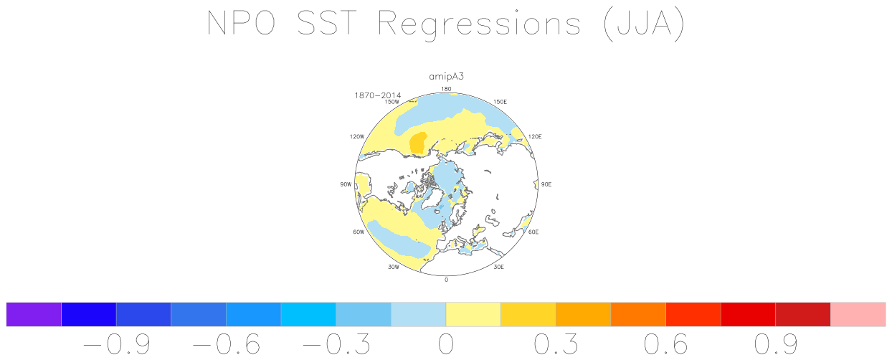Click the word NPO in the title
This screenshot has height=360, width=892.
[241, 23]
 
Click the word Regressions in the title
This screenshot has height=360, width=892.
[479, 24]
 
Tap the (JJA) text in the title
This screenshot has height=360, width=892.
[644, 24]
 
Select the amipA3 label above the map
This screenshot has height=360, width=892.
[446, 77]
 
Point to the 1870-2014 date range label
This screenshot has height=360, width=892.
[377, 95]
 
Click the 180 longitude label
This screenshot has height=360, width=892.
[446, 89]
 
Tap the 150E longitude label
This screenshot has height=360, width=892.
[500, 102]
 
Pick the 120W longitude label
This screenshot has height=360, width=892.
[357, 136]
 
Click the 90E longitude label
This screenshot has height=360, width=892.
[546, 184]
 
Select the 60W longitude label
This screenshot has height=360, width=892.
[359, 232]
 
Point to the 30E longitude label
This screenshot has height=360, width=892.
[498, 267]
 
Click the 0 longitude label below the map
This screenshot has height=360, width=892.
[447, 280]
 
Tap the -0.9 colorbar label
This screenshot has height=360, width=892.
[116, 344]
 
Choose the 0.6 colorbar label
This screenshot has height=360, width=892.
[666, 344]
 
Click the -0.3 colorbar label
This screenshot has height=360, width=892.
[336, 344]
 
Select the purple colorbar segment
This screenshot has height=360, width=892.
[34, 314]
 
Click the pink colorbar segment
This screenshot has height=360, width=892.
[858, 314]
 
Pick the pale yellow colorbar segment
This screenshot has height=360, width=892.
[473, 314]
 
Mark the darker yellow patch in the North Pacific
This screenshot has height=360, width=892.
[418, 143]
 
